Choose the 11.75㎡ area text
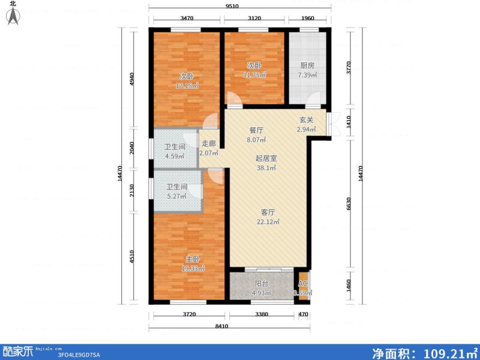254,75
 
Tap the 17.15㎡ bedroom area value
186,86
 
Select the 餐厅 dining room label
256,130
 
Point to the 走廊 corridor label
208,143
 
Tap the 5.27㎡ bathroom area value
176,196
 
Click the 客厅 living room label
268,212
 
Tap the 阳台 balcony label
260,284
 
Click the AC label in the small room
302,284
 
